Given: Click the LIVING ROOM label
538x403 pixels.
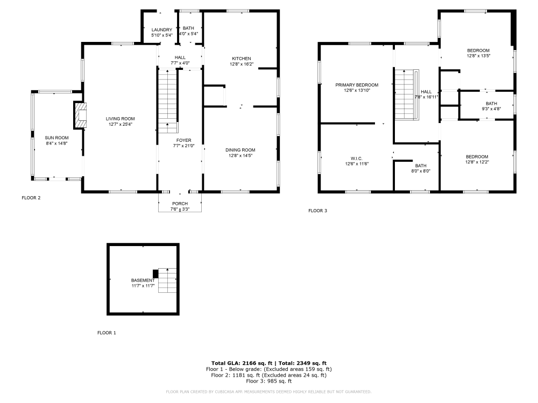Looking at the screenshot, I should pyautogui.click(x=120, y=119).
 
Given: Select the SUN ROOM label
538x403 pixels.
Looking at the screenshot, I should pyautogui.click(x=56, y=138).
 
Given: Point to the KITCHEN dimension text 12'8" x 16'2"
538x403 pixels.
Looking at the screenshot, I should pyautogui.click(x=242, y=64).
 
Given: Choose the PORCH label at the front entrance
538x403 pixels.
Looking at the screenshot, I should pyautogui.click(x=180, y=203).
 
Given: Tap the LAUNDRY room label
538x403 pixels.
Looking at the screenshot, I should pyautogui.click(x=161, y=30).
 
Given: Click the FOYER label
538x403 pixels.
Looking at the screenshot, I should pyautogui.click(x=180, y=140).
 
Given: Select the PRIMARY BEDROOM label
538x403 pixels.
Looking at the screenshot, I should pyautogui.click(x=357, y=85).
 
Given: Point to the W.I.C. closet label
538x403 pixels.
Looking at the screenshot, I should pyautogui.click(x=357, y=158).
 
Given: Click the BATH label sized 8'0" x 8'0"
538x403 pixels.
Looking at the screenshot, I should pyautogui.click(x=420, y=165).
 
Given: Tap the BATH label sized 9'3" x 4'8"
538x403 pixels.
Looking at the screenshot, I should pyautogui.click(x=491, y=104).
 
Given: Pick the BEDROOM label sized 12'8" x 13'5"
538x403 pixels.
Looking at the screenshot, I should pyautogui.click(x=478, y=50).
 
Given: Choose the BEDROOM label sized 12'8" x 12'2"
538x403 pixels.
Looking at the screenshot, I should pyautogui.click(x=477, y=156).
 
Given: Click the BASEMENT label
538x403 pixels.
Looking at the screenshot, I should pyautogui.click(x=143, y=280).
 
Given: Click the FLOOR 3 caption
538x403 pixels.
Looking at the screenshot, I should pyautogui.click(x=317, y=211).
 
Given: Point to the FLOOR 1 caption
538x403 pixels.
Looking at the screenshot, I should pyautogui.click(x=107, y=333).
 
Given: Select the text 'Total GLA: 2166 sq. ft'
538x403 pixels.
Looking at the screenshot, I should pyautogui.click(x=242, y=363).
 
